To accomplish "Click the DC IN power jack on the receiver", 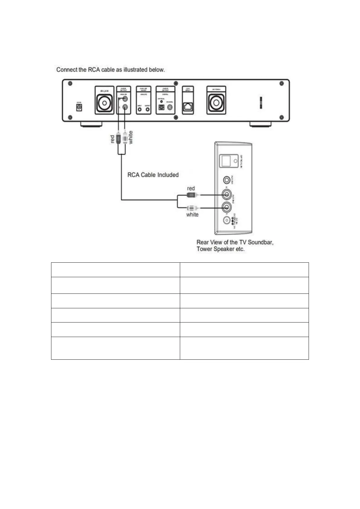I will tap(79, 107).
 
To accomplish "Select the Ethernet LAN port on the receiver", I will tap(188, 107).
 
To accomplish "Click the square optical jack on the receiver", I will tap(162, 107).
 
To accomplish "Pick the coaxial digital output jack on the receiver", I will tap(170, 107).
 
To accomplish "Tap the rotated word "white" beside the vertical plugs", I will tap(130, 137).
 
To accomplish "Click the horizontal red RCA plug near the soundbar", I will tap(191, 195).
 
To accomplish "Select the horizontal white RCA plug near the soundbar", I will tap(192, 208).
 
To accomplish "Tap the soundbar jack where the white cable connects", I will tap(226, 207).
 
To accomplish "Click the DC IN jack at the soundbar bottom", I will tap(226, 220).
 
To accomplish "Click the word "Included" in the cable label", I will tap(167, 175).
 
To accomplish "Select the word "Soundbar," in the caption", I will tap(261, 242).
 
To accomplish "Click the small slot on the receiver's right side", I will tap(261, 103).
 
